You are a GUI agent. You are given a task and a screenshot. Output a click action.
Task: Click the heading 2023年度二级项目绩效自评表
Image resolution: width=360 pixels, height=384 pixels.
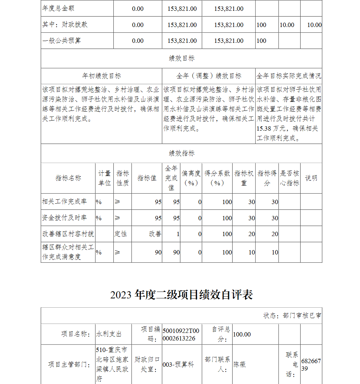pos(181,295)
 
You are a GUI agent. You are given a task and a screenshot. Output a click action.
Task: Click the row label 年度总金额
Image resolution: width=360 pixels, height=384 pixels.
pos(59,8)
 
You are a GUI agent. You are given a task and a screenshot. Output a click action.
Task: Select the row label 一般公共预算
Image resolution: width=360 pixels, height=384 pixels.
pos(62,41)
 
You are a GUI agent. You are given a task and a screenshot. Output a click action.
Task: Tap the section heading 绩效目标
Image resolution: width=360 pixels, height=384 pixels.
pos(181,58)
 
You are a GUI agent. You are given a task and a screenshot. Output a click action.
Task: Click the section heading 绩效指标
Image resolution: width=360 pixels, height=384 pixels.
pos(181,153)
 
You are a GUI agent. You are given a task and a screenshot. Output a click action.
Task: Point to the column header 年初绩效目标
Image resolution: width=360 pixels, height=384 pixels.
pos(102,76)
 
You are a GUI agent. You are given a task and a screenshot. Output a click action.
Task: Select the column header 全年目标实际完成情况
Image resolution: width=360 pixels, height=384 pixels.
pos(289,76)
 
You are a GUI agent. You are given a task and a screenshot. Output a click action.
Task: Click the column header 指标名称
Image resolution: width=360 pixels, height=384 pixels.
pos(68,178)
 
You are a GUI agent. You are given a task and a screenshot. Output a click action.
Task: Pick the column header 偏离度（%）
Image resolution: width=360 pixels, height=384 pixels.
pos(191,178)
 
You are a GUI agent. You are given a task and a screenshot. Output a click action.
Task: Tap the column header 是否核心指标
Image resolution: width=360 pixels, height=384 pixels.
pos(289,178)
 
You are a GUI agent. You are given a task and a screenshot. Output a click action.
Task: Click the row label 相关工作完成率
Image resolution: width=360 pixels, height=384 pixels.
pos(64,202)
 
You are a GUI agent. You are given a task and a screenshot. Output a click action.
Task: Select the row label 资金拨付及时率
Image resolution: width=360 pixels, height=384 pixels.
pos(64,218)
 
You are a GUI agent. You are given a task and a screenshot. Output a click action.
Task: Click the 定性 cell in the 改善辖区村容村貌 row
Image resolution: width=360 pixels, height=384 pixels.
pos(121,234)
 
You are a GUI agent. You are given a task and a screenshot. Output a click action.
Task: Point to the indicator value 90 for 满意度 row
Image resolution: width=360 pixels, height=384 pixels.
pos(158,252)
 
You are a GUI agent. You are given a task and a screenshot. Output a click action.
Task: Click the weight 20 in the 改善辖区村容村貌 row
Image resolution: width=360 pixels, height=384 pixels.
pos(251,234)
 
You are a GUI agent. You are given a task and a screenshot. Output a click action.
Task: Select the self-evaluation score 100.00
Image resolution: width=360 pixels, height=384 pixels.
pos(242,334)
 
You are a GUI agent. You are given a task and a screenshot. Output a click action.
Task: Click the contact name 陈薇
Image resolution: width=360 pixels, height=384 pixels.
pos(240,365)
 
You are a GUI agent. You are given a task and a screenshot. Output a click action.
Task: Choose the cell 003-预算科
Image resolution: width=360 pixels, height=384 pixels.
pos(178,365)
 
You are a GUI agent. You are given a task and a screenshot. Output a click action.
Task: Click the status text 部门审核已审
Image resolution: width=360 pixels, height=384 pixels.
pos(302,316)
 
